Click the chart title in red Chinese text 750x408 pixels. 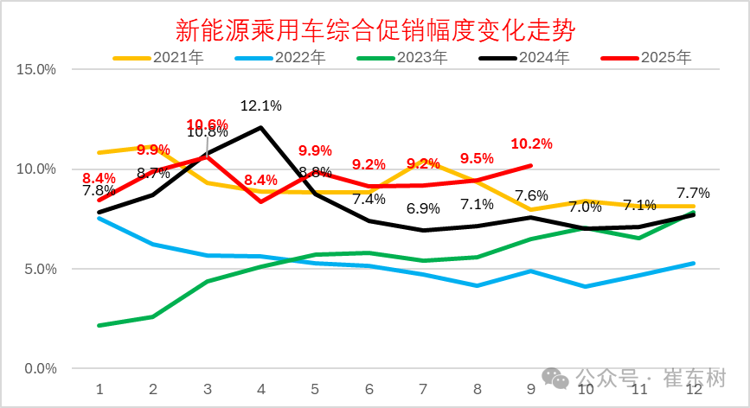375,30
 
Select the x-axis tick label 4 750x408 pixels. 261,389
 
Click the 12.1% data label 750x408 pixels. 260,106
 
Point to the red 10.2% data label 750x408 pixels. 531,144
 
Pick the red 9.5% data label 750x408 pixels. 477,158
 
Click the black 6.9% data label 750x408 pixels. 423,208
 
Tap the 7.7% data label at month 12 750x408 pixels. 693,193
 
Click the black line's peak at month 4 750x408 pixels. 261,127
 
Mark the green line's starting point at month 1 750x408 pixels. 99,325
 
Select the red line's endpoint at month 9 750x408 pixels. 531,165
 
